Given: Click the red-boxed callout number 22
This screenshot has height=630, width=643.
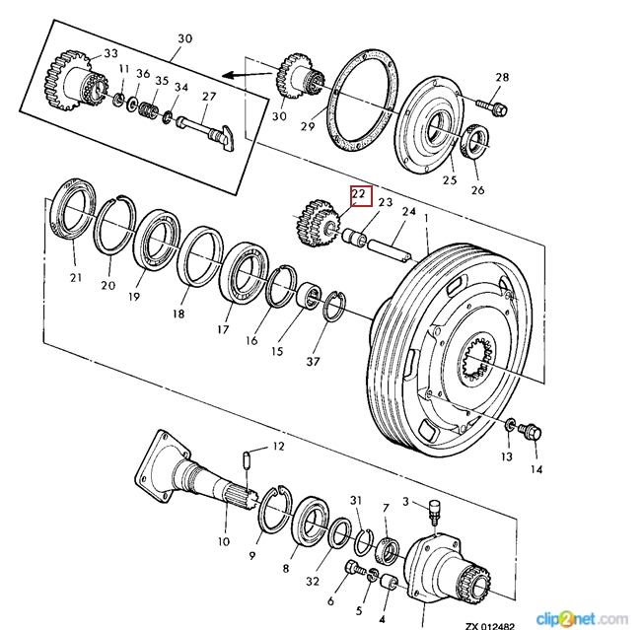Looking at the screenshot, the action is point(359,193).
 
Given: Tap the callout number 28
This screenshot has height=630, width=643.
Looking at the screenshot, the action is point(502,77).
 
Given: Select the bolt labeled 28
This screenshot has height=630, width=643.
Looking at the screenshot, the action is point(492,106).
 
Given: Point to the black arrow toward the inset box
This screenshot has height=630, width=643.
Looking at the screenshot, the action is point(248,75).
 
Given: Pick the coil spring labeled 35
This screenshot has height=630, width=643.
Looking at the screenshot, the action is point(148,110).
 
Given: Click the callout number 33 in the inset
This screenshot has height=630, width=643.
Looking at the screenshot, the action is point(110,53).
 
